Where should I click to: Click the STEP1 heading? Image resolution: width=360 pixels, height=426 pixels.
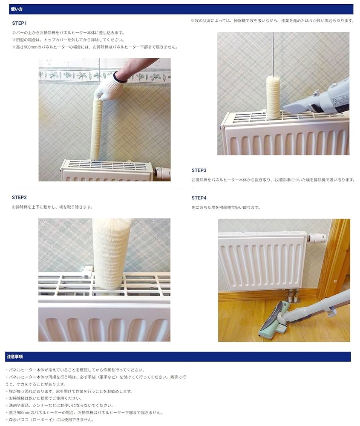tap(19, 23)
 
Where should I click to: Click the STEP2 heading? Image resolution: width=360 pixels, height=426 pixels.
tap(19, 198)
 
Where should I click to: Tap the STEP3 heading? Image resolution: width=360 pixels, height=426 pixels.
tap(199, 170)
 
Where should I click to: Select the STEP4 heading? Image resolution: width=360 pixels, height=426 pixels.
tap(199, 198)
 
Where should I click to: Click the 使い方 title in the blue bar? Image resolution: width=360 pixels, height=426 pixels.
tap(17, 9)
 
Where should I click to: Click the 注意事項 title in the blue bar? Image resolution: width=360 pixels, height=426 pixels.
tap(14, 357)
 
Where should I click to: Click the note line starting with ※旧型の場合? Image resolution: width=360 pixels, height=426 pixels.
tap(68, 40)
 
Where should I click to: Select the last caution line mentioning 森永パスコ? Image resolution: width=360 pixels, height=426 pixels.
tap(50, 420)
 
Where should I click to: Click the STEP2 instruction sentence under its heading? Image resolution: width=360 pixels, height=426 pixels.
tap(52, 207)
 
